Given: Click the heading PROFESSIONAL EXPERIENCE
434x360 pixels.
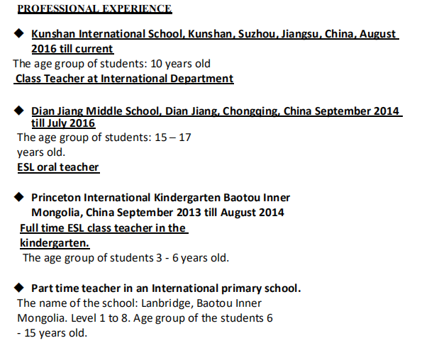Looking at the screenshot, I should point(94,9).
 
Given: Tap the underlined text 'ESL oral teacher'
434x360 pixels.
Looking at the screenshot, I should point(58,167).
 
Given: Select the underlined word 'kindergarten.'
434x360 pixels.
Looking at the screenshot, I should point(55,242).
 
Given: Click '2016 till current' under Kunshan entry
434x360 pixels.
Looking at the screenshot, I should point(72,49).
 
